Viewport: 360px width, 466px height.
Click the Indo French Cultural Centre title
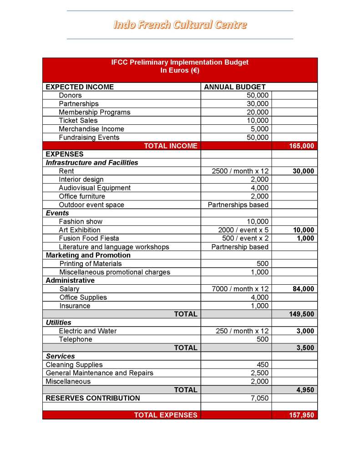tap(180, 25)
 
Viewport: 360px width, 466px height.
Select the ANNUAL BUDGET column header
tap(234, 87)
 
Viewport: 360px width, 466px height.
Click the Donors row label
tap(70, 95)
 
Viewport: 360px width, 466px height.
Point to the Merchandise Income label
tap(91, 129)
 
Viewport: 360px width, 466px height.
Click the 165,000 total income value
tap(301, 146)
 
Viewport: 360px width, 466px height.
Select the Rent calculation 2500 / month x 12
tap(240, 171)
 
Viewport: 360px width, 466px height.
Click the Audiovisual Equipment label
tap(94, 188)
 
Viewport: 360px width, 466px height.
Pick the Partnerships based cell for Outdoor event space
tap(238, 205)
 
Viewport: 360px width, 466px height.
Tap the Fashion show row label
tap(81, 221)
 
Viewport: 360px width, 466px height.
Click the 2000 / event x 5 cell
tap(243, 230)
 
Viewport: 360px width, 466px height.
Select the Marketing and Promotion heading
tap(88, 255)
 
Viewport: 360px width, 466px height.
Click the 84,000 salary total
tap(303, 289)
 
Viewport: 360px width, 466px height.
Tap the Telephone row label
tap(75, 339)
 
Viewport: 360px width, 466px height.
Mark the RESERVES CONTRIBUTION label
tap(93, 398)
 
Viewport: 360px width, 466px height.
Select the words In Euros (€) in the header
tap(180, 71)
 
